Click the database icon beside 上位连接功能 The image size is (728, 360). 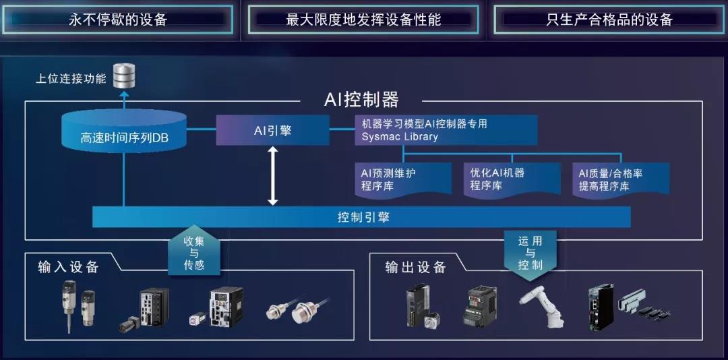pos(124,76)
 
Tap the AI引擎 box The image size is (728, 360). pos(272,130)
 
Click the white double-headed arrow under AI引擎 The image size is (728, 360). pos(272,176)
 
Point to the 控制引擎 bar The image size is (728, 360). pos(363,217)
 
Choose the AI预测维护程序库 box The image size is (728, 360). pos(403,179)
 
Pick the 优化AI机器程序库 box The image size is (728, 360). pos(512,179)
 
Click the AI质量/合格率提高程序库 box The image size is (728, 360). pos(620,179)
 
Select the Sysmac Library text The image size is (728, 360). pos(400,137)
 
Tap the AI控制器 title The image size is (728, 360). pos(362,100)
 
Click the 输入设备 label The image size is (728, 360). pos(68,267)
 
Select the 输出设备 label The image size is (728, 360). pos(415,267)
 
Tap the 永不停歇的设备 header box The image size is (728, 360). pos(119,20)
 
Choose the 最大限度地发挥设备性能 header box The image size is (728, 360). pos(363,20)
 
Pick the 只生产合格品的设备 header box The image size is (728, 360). pos(609,20)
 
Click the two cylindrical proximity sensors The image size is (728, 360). pos(299,309)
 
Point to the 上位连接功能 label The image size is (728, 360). pos(71,79)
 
